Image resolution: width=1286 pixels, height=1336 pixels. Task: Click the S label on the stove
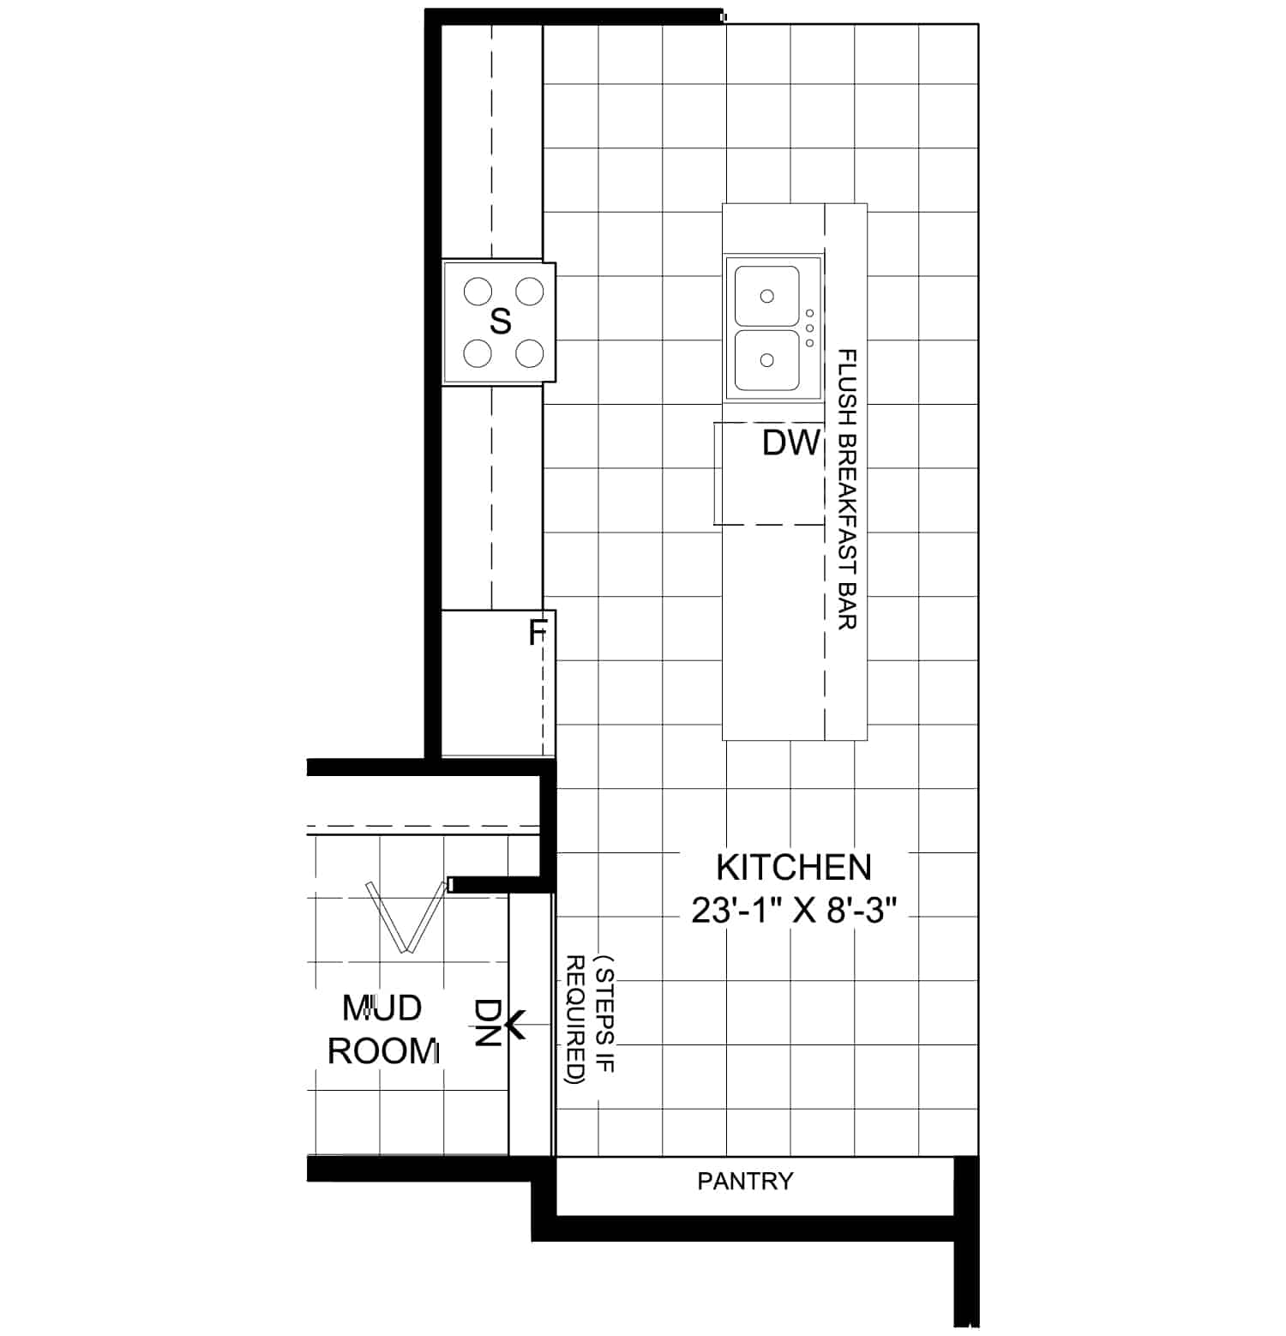501,322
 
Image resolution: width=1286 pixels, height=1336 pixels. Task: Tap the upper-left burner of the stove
478,292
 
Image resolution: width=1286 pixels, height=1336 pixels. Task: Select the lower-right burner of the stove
531,352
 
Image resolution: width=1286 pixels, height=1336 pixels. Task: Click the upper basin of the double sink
767,296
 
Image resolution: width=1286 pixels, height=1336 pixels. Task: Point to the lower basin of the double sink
767,360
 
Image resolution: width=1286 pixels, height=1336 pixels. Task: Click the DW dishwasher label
791,443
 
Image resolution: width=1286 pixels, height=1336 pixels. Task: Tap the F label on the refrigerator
537,634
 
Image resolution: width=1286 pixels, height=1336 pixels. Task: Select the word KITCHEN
794,867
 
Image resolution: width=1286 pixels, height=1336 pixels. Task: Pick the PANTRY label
745,1182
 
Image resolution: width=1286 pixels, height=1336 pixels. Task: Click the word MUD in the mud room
382,1008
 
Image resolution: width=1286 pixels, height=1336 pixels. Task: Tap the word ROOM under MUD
383,1051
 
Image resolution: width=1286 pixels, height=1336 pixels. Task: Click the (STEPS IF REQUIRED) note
591,1020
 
